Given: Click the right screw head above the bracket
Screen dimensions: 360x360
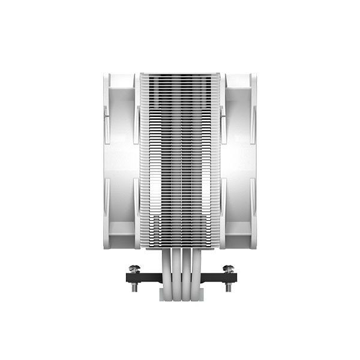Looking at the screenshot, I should click(228, 268).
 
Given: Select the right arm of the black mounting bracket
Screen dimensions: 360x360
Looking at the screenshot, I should click(217, 277).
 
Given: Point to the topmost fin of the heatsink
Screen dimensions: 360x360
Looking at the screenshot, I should click(180, 75).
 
